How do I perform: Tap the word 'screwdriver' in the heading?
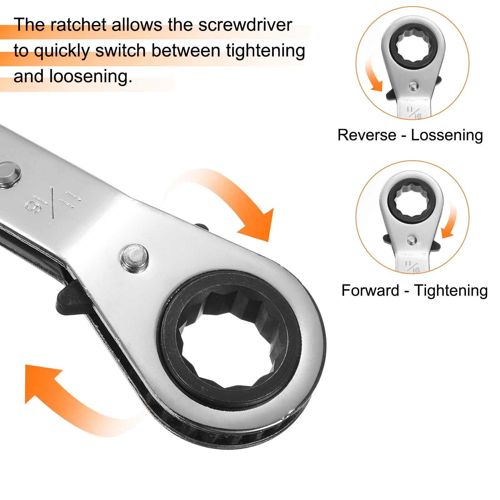[x=245, y=25]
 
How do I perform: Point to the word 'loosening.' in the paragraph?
[x=91, y=76]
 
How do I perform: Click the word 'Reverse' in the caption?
[x=367, y=135]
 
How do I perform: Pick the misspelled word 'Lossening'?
[x=447, y=136]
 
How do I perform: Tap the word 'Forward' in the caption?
[x=370, y=290]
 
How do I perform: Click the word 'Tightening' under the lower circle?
[x=451, y=291]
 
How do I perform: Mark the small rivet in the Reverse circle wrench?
[x=413, y=85]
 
